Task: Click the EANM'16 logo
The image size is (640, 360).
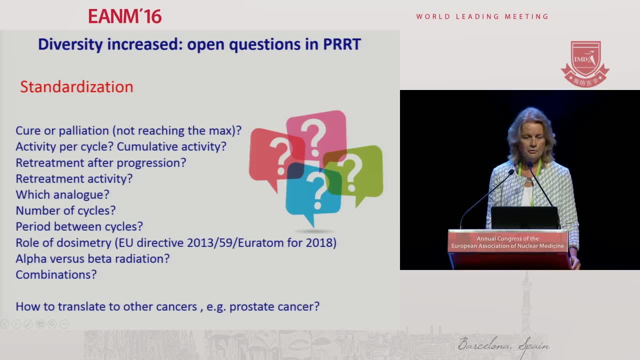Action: click(x=125, y=16)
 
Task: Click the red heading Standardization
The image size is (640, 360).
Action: click(x=76, y=87)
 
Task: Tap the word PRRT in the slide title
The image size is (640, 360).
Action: click(x=342, y=44)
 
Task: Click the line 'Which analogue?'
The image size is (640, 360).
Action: click(x=62, y=195)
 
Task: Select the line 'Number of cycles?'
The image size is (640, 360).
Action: click(x=65, y=211)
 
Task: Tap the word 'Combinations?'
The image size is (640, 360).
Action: click(x=56, y=275)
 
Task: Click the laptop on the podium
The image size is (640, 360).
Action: click(x=524, y=217)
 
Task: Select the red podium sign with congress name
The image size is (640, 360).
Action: click(x=507, y=241)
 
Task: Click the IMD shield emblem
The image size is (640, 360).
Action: click(x=585, y=64)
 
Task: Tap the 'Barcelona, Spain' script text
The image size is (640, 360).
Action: click(x=503, y=345)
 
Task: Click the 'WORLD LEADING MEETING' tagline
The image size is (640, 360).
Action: click(x=482, y=16)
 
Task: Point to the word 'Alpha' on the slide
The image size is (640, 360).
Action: click(x=31, y=259)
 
